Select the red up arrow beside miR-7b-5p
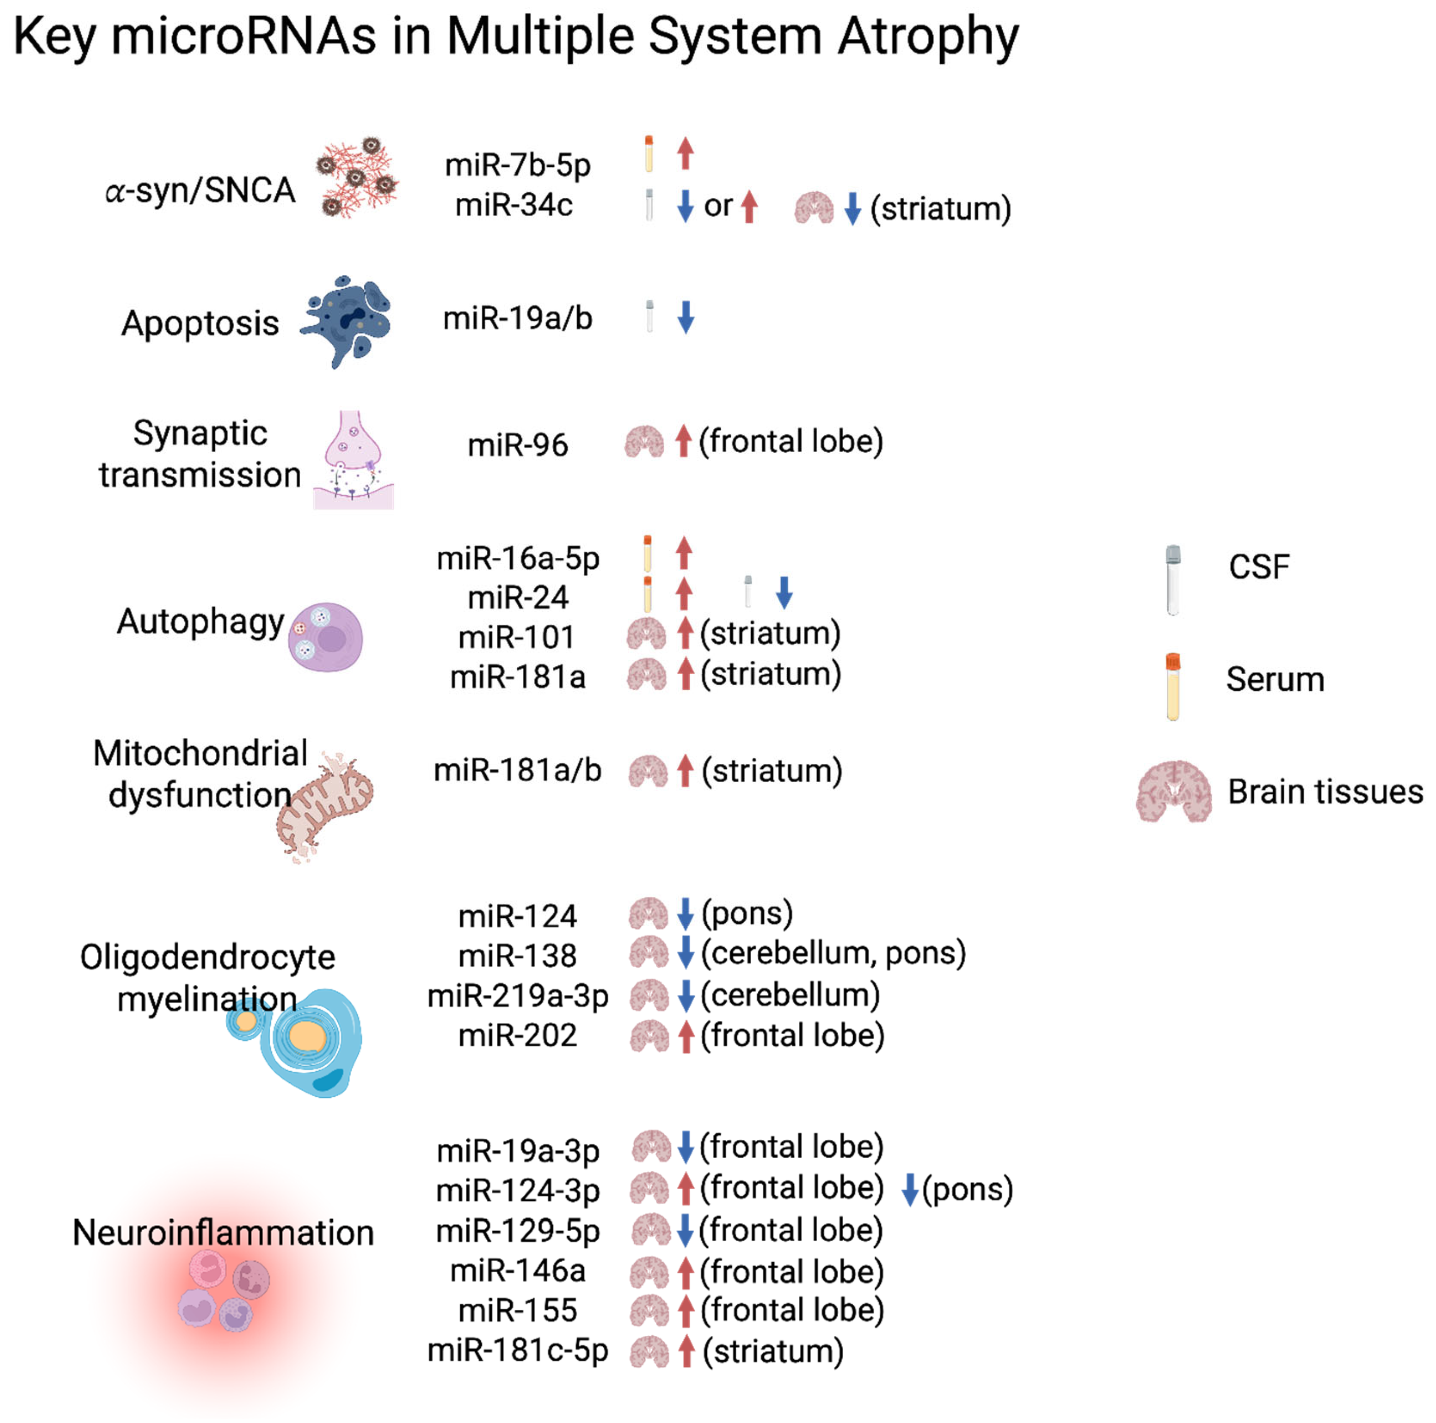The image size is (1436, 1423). [685, 153]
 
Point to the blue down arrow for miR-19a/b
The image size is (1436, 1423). [685, 317]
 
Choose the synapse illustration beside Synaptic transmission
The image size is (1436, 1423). [353, 461]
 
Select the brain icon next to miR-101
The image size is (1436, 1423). [646, 634]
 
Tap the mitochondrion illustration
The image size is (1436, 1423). [325, 806]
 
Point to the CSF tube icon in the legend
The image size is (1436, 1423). [1173, 580]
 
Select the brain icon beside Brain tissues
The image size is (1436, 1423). [1174, 791]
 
